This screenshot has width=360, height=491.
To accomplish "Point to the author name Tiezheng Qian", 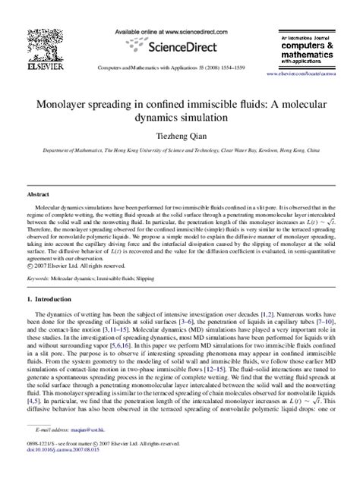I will point(180,137).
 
